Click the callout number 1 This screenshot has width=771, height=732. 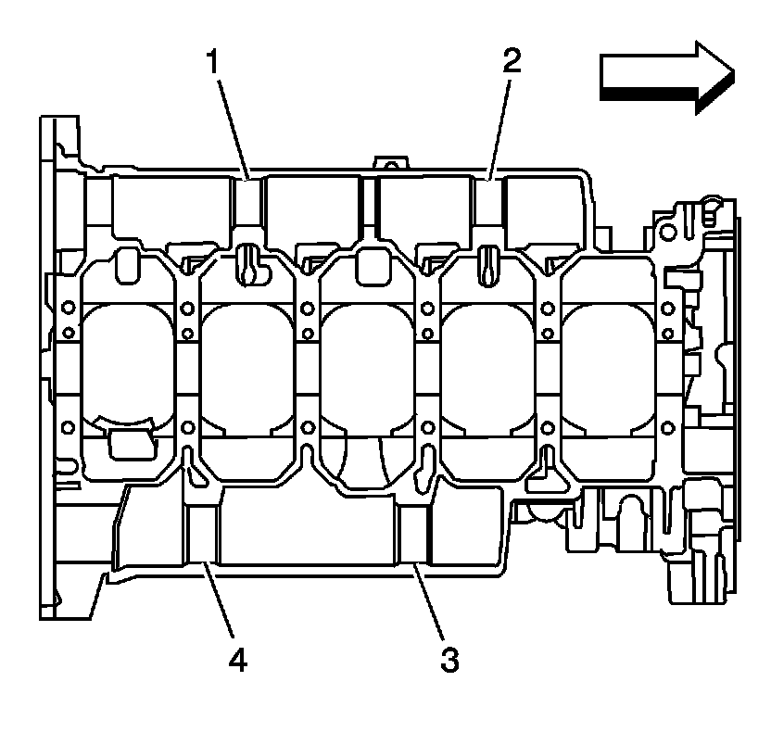[x=212, y=64]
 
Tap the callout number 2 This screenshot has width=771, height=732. [x=512, y=62]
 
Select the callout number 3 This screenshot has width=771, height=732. [x=449, y=660]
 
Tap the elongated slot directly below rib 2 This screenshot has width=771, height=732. [x=487, y=264]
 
